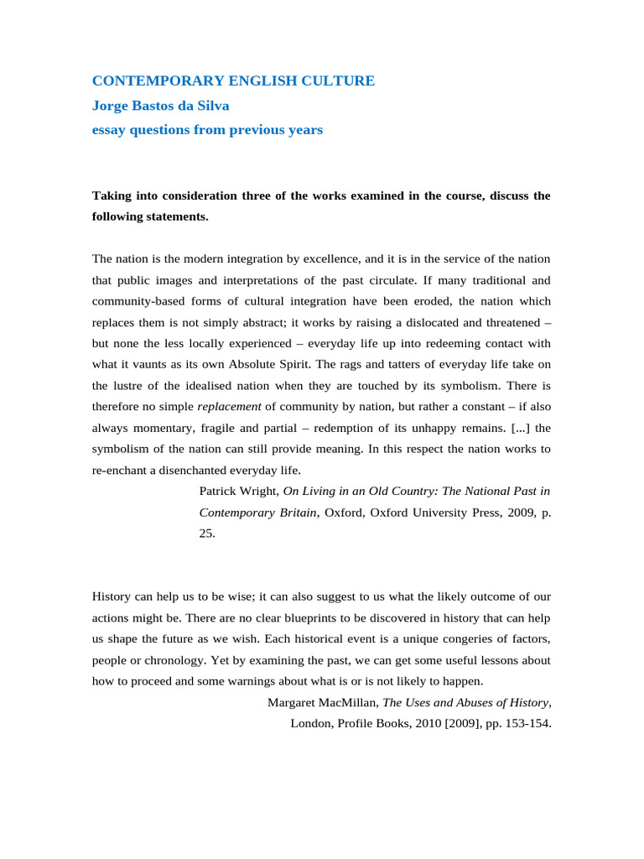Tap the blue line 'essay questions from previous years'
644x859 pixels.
point(207,130)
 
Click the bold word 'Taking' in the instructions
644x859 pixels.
point(112,195)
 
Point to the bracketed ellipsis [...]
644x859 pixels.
point(518,427)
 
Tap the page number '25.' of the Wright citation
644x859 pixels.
point(207,533)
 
